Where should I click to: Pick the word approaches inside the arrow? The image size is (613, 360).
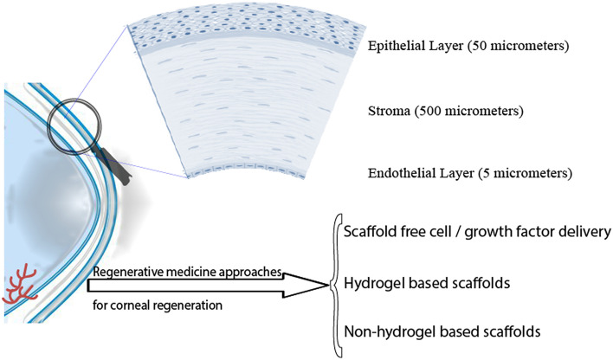coord(253,273)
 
